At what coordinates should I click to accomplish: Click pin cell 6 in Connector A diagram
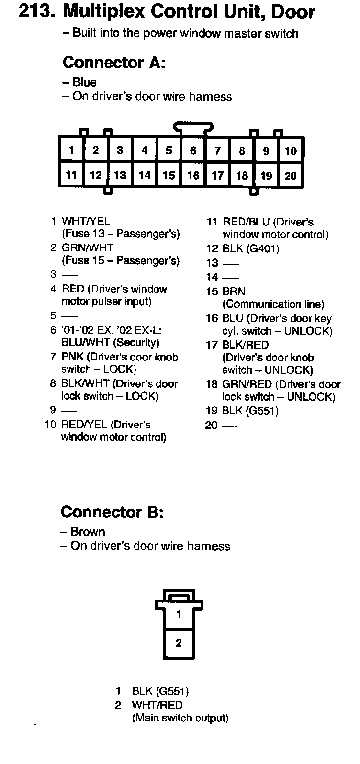[x=193, y=151]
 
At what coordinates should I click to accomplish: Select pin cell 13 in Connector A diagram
[x=120, y=175]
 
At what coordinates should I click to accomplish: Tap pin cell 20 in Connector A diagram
[x=291, y=175]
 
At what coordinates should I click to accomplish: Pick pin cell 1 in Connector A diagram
[x=71, y=150]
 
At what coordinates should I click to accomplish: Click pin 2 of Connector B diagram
[x=179, y=643]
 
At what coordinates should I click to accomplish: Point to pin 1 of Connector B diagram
[x=179, y=614]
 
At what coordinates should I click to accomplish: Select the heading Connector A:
[x=114, y=63]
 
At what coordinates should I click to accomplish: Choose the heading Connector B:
[x=112, y=512]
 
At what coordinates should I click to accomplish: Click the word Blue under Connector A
[x=85, y=82]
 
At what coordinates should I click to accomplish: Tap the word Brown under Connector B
[x=88, y=532]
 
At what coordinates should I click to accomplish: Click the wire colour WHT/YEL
[x=86, y=222]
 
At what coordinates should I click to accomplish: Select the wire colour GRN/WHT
[x=87, y=248]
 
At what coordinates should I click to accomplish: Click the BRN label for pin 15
[x=234, y=292]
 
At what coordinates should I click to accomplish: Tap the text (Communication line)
[x=273, y=304]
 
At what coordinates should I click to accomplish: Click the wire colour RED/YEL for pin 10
[x=84, y=425]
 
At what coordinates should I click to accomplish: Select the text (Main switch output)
[x=180, y=718]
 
